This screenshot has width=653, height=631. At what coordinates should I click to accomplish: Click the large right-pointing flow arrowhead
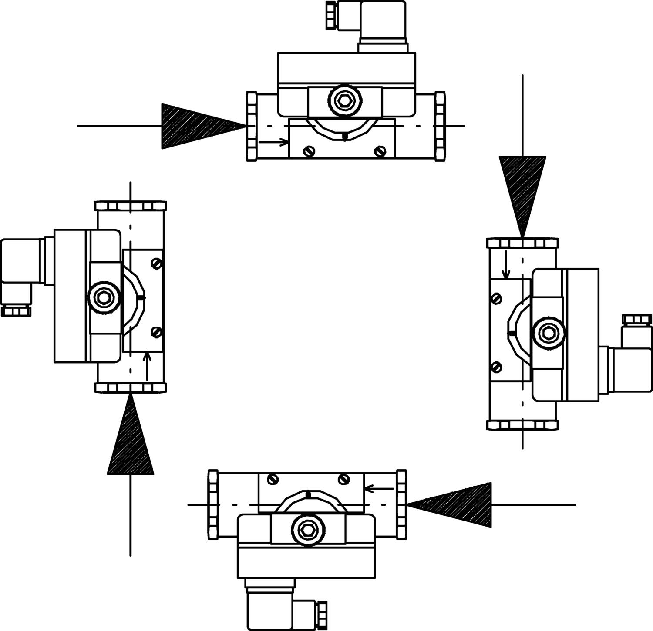[x=196, y=126]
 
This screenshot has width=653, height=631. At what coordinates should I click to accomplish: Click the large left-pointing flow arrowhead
[x=457, y=504]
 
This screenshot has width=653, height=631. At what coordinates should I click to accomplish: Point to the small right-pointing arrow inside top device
[x=273, y=142]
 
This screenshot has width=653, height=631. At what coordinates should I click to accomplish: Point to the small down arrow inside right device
[x=506, y=264]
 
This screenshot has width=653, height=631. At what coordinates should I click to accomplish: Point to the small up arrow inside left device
[x=148, y=366]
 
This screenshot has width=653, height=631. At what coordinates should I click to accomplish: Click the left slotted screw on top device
[x=308, y=151]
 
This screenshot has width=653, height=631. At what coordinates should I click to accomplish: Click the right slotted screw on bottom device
[x=344, y=479]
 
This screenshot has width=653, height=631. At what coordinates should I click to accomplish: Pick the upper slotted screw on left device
[x=157, y=263]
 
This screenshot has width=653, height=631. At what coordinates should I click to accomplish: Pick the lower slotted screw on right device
[x=496, y=367]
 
